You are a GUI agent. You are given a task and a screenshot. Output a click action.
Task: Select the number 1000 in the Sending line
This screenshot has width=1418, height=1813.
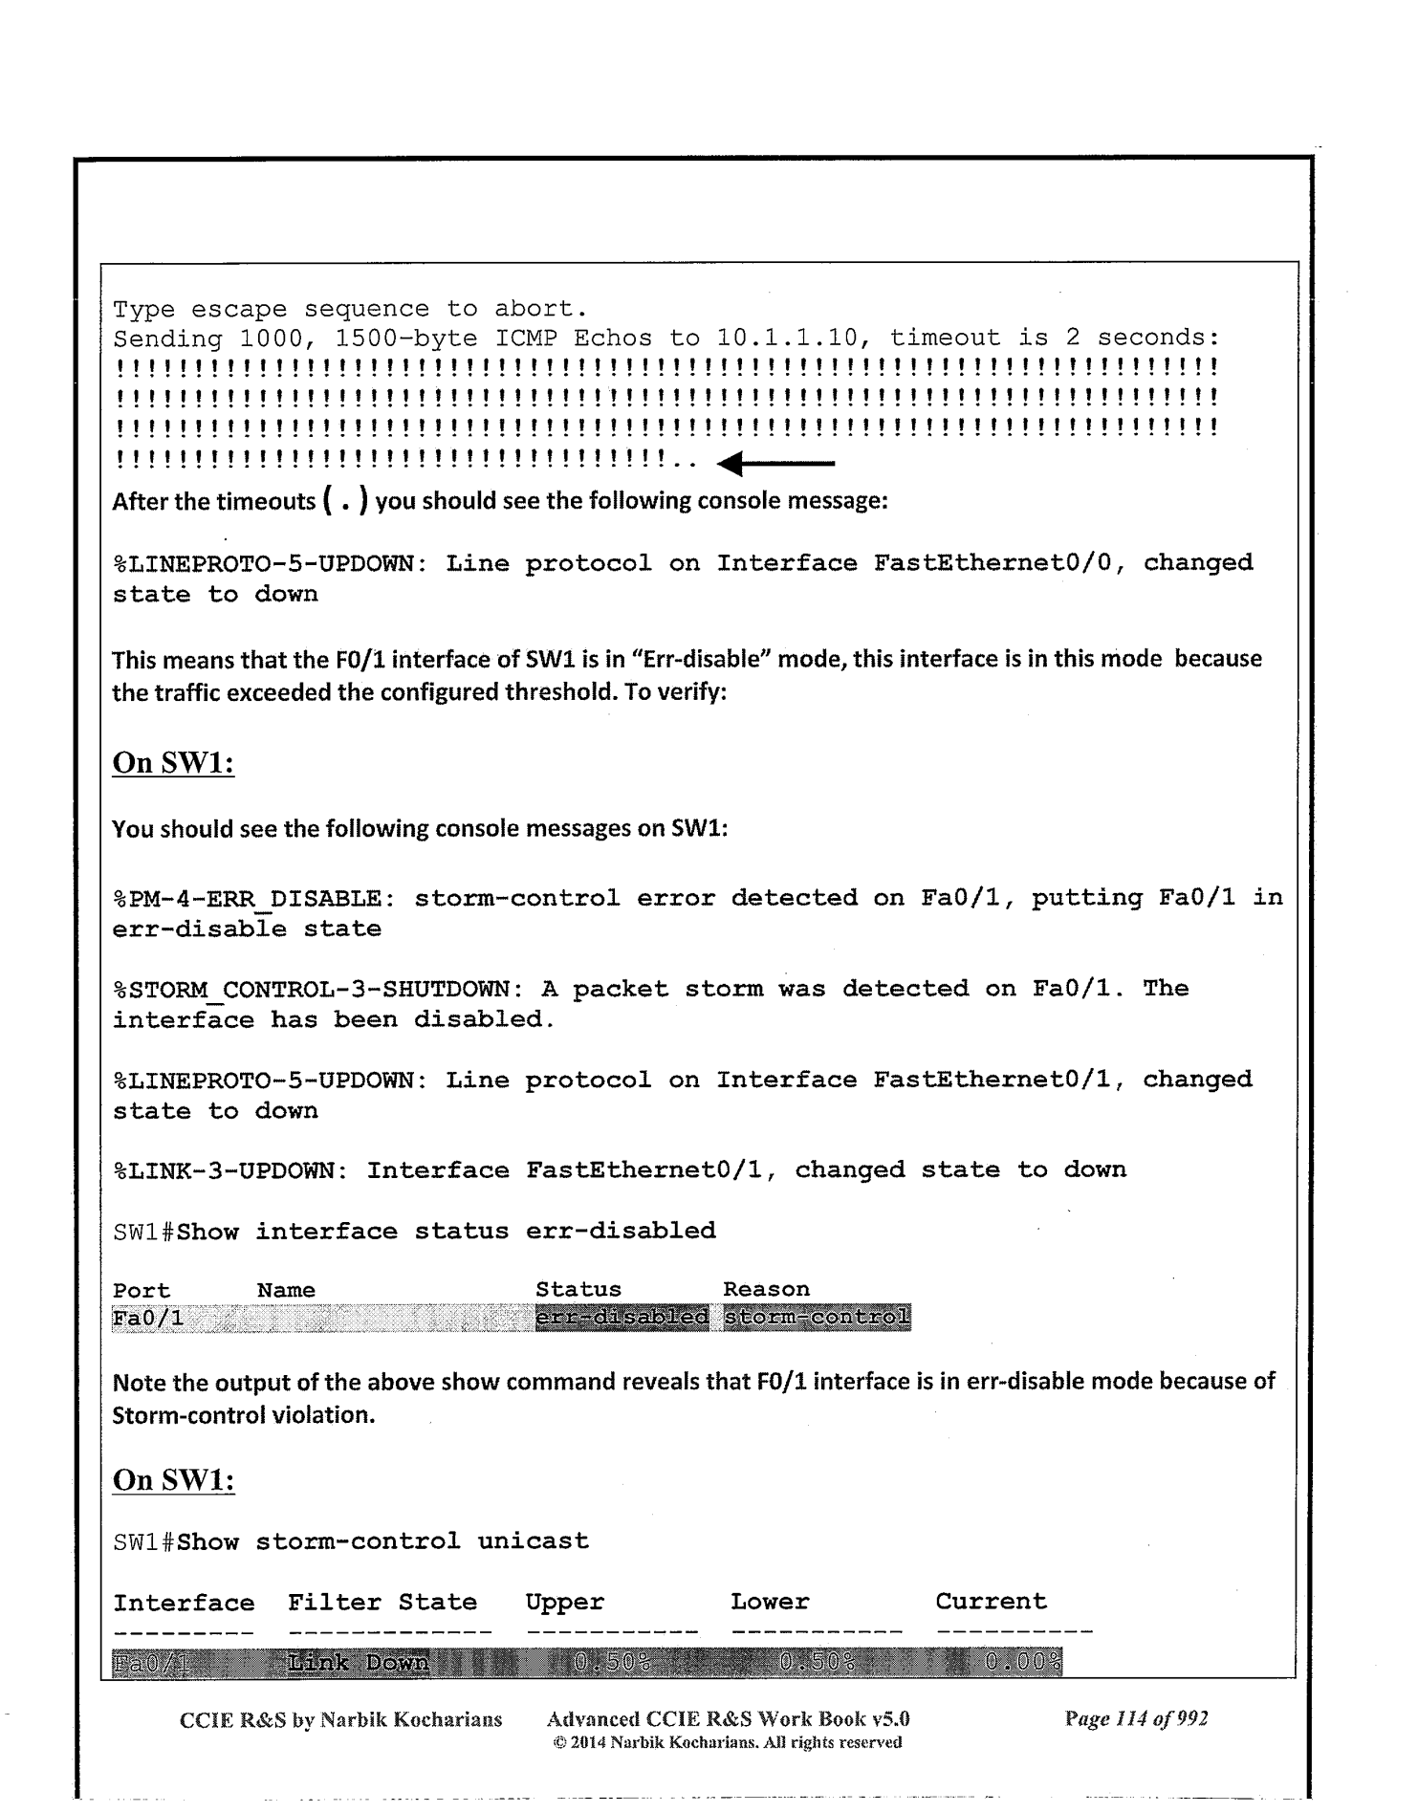(x=271, y=339)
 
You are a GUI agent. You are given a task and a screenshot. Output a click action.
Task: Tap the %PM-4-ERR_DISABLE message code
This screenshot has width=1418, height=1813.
(x=248, y=899)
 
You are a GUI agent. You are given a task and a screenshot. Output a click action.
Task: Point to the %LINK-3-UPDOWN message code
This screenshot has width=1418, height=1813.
(x=229, y=1170)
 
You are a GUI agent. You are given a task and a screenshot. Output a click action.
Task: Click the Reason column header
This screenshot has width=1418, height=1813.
(x=766, y=1290)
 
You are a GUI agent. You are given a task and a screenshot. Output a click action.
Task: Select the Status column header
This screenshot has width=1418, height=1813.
(x=578, y=1290)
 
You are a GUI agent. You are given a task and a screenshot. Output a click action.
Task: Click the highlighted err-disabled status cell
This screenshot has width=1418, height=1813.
(x=622, y=1318)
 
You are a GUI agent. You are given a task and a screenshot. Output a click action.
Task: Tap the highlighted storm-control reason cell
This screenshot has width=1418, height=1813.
(x=817, y=1318)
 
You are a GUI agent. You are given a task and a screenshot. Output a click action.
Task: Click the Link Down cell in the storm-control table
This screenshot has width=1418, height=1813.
(x=358, y=1665)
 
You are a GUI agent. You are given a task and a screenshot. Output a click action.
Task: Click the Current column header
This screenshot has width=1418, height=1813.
(x=991, y=1602)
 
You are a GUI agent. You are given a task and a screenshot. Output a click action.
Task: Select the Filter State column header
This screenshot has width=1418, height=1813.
(x=382, y=1603)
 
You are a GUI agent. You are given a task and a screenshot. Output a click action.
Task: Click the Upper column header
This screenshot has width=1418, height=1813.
(x=564, y=1603)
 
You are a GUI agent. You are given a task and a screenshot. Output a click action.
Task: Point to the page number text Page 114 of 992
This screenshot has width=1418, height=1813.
(x=1136, y=1719)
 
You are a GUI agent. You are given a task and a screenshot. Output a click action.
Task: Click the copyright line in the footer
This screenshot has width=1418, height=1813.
(x=728, y=1742)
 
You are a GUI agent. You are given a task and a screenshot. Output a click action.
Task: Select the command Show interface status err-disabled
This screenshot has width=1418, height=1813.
(x=447, y=1232)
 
